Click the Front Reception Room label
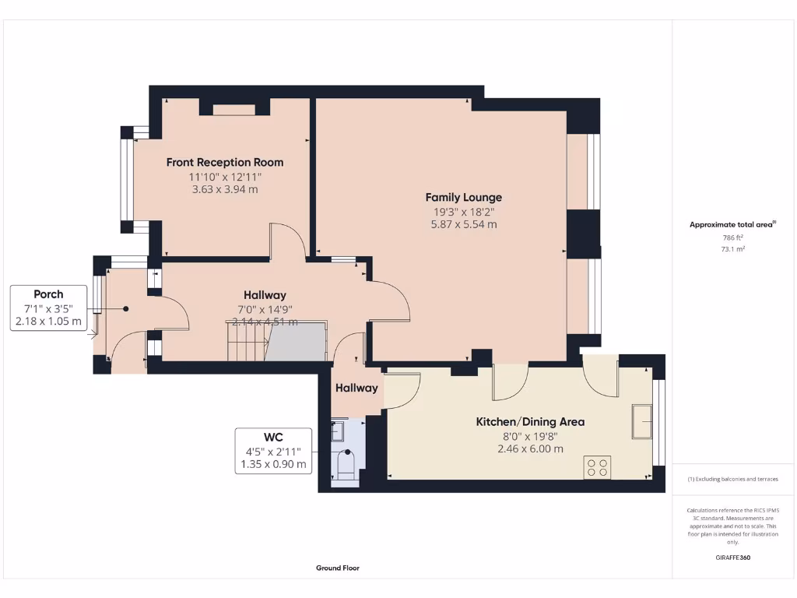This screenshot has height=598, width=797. click(225, 162)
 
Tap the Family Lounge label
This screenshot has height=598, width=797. click(463, 197)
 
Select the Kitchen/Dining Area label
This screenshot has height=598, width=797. click(530, 422)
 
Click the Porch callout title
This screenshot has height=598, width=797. click(48, 294)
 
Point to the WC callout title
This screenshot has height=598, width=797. click(273, 437)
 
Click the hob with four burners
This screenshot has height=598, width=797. click(597, 467)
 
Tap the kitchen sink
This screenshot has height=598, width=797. click(641, 421)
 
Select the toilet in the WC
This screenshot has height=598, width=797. click(344, 465)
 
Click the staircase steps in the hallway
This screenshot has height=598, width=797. click(246, 343)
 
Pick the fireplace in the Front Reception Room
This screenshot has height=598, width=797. click(234, 108)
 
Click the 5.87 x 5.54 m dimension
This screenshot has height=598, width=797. click(463, 224)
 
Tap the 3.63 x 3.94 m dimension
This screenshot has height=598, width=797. click(225, 189)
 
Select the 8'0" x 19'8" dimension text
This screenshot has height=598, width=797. click(530, 436)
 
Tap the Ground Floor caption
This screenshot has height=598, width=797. click(337, 568)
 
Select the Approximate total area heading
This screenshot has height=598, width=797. click(732, 224)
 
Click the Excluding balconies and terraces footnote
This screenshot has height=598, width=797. click(732, 479)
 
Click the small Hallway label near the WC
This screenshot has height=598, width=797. click(356, 388)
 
